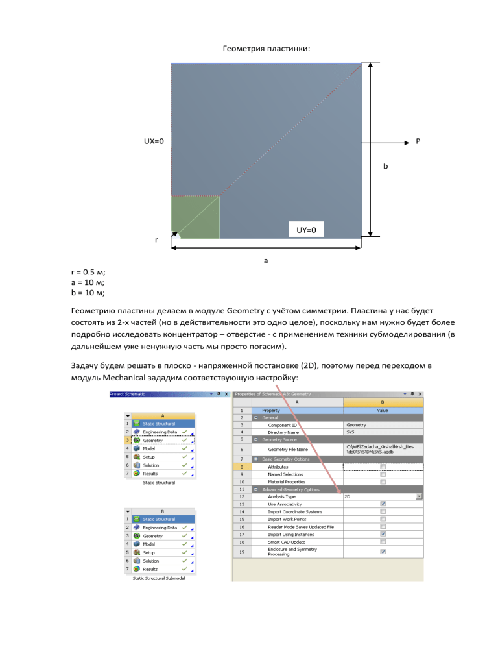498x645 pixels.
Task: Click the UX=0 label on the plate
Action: (x=154, y=141)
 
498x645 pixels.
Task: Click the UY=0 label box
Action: (x=306, y=230)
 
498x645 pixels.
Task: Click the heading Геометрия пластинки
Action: (x=249, y=48)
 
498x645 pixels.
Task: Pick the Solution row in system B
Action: (x=154, y=561)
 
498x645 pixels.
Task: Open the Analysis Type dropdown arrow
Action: (x=419, y=496)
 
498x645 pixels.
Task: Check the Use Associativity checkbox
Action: (x=383, y=504)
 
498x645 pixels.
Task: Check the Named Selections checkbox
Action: (x=383, y=474)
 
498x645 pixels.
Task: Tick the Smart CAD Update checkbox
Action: (x=383, y=541)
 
